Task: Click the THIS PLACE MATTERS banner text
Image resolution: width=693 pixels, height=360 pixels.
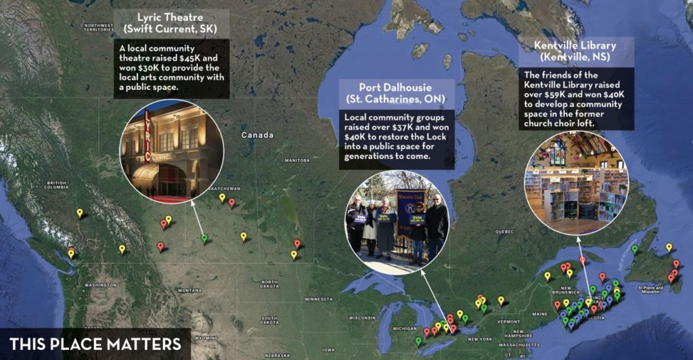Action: click(x=95, y=343)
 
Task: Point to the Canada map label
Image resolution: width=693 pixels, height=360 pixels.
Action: click(x=256, y=135)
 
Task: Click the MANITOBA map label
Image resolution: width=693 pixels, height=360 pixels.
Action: click(x=296, y=160)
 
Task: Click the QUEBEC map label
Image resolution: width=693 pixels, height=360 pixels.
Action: click(x=506, y=231)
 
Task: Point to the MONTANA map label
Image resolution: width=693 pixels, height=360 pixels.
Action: click(x=190, y=290)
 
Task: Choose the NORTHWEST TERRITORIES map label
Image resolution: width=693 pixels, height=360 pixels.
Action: click(x=99, y=28)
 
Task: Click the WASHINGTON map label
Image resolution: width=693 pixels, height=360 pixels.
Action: click(x=101, y=286)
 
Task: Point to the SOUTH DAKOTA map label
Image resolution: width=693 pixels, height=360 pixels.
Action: click(x=270, y=319)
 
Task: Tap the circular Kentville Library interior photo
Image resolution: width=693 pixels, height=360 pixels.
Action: click(x=577, y=183)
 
